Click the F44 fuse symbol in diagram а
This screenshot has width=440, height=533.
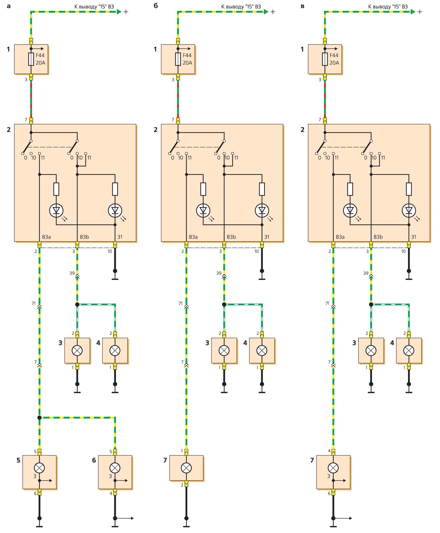tap(31, 59)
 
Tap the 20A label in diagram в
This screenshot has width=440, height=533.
tap(334, 63)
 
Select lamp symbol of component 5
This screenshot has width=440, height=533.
tap(39, 468)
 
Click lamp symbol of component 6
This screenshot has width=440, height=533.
tap(115, 468)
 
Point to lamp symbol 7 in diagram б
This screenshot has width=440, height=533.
tap(186, 468)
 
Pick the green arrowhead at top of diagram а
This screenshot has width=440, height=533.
tap(119, 12)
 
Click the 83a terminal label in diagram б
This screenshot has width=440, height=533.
tap(193, 237)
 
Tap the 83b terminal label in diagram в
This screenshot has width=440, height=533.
tap(378, 237)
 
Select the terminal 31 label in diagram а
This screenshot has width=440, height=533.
tap(120, 237)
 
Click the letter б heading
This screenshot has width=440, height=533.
tap(156, 6)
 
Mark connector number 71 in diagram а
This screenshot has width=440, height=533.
tap(33, 303)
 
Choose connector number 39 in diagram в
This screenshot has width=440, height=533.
tap(366, 273)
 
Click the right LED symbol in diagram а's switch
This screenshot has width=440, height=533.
tap(115, 210)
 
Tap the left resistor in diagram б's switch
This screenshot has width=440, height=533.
tap(203, 189)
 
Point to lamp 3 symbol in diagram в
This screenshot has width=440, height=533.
tap(371, 351)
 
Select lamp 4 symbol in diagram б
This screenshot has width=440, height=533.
tap(262, 351)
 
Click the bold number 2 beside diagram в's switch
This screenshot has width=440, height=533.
tap(302, 130)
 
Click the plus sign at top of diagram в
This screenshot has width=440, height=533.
tap(420, 12)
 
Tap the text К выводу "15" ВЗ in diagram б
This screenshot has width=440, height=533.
tap(241, 7)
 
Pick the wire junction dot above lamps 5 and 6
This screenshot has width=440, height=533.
tap(39, 418)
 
